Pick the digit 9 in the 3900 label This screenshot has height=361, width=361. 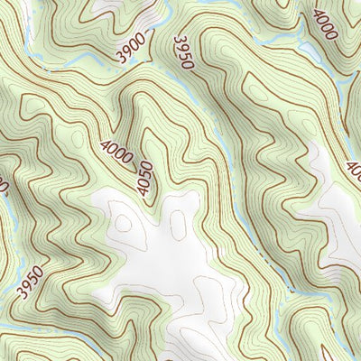[x=127, y=53]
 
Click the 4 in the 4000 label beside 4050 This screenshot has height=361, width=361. [x=107, y=145]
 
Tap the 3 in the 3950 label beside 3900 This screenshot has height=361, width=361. [x=180, y=40]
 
